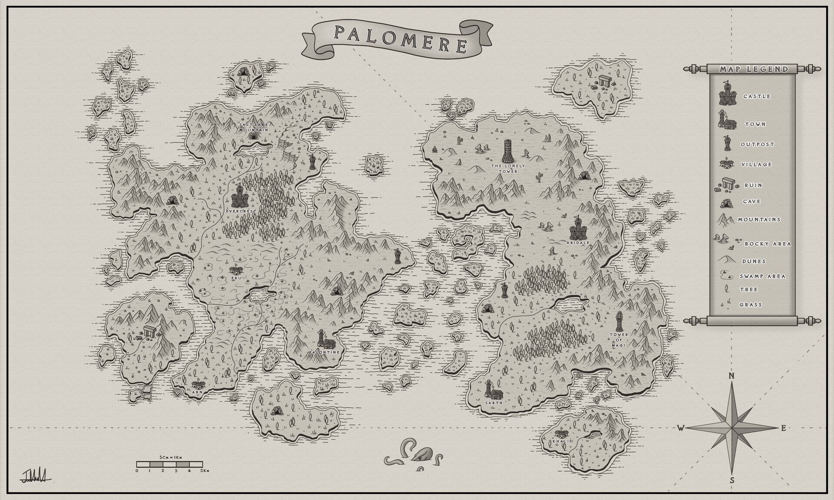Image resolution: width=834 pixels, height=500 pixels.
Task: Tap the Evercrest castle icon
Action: point(239,197)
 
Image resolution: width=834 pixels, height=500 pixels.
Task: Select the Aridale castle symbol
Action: point(578,229)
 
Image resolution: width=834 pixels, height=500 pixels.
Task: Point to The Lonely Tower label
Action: point(508,169)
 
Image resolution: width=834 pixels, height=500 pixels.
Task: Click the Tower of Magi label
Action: point(619,340)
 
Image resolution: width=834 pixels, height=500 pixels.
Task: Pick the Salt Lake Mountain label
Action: point(254,127)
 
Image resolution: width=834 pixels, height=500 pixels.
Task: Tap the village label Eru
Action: point(236,278)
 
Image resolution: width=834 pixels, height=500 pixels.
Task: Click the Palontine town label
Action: point(324,352)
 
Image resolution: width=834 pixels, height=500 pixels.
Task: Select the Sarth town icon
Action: point(493,390)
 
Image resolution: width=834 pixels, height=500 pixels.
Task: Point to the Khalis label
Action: point(562,441)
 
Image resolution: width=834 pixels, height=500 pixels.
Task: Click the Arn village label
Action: point(197,392)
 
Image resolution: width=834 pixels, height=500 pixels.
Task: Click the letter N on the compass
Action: point(731,376)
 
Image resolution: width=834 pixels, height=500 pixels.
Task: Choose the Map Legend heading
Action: point(754,69)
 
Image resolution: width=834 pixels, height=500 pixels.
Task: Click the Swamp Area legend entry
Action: point(762,276)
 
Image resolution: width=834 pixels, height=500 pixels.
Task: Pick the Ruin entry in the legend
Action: point(753,185)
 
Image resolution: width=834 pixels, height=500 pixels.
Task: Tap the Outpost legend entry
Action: point(757,144)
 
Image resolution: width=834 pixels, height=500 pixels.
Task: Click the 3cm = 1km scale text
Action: point(169,457)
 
